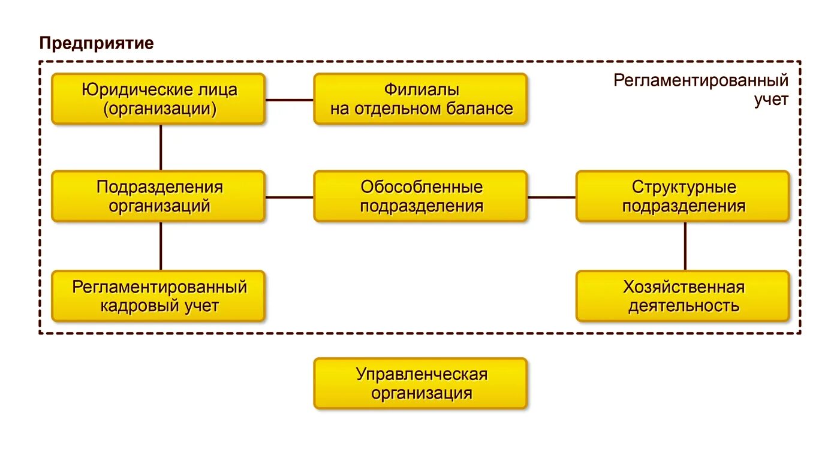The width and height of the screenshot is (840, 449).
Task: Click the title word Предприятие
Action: click(97, 43)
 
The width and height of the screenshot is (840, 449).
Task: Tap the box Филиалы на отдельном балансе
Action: click(420, 99)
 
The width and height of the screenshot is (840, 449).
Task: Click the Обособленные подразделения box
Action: click(420, 197)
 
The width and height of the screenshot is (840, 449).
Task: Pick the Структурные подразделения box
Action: click(682, 197)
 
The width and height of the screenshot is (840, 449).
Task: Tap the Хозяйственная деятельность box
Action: click(682, 296)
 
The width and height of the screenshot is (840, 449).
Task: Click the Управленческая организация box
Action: click(420, 384)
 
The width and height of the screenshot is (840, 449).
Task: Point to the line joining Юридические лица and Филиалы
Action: click(290, 100)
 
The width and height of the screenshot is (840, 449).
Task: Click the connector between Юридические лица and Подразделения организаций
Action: click(161, 147)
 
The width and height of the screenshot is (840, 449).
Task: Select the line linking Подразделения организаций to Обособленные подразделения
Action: click(290, 197)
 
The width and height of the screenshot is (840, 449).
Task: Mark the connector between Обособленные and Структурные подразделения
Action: click(552, 197)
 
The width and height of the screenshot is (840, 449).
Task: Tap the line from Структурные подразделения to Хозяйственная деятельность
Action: click(685, 246)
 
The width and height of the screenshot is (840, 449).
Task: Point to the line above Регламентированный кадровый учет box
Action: click(161, 246)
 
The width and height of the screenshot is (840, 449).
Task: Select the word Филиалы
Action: click(421, 90)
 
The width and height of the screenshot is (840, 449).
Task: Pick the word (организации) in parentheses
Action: click(159, 109)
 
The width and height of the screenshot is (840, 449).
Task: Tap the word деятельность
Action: click(684, 306)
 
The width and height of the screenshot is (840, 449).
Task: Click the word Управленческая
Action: click(421, 375)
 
